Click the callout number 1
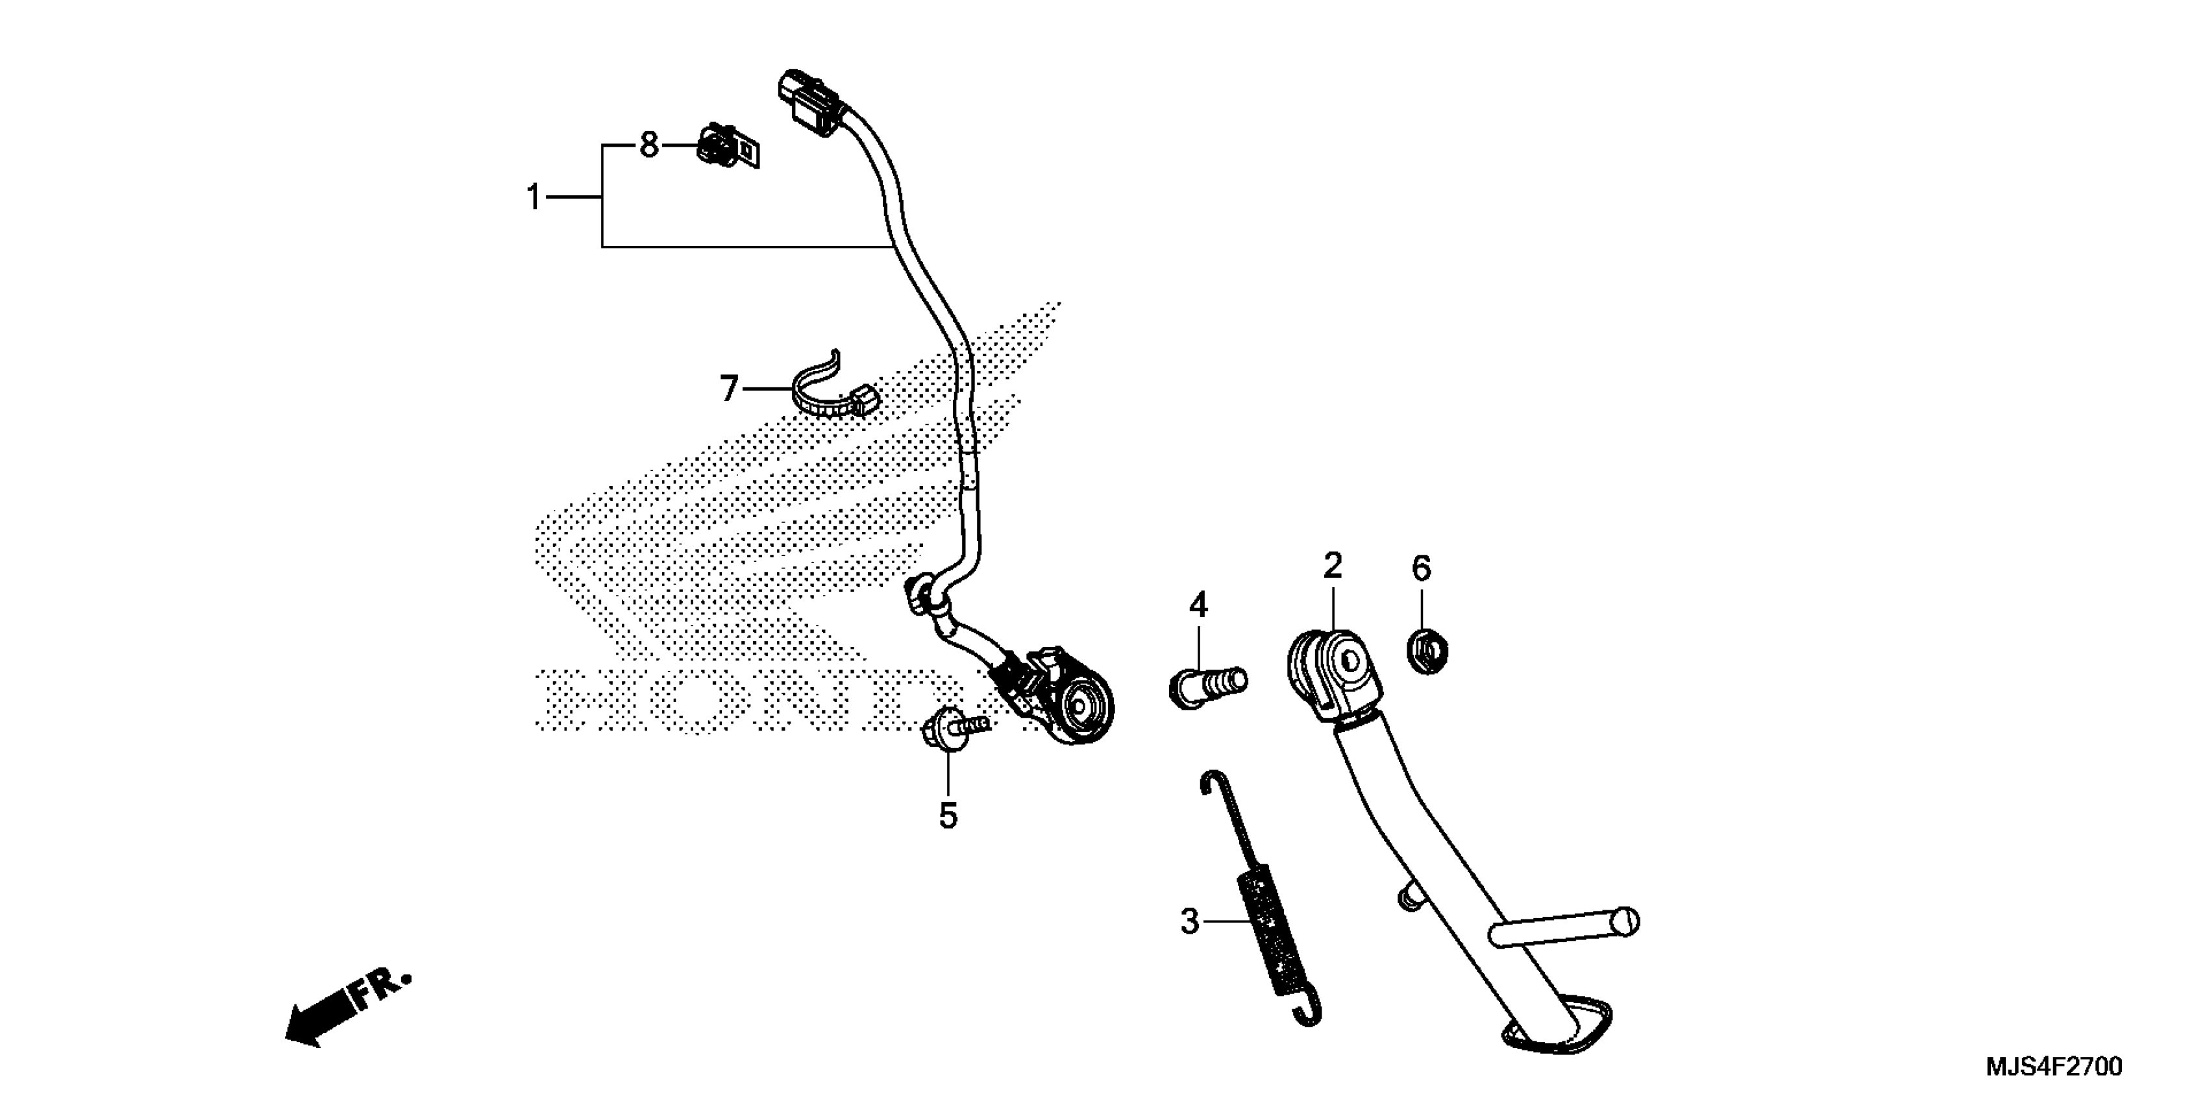pyautogui.click(x=534, y=198)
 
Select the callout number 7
pyautogui.click(x=728, y=389)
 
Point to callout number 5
pyautogui.click(x=948, y=816)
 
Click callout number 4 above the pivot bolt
pyautogui.click(x=1198, y=605)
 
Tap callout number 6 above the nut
pyautogui.click(x=1422, y=568)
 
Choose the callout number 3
pyautogui.click(x=1189, y=921)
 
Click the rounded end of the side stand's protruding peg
pyautogui.click(x=1625, y=923)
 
